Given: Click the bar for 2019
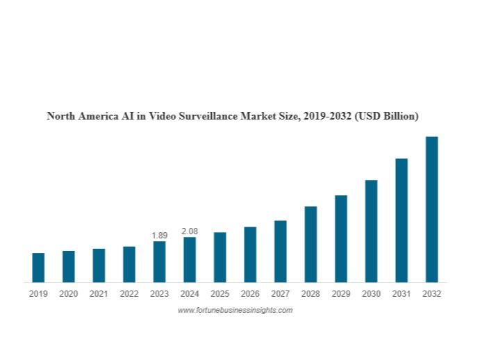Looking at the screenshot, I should coord(38,268).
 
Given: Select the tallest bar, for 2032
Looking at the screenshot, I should coord(431,209).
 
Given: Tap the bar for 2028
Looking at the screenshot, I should coord(311,244).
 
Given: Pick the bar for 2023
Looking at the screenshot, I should coord(159,261).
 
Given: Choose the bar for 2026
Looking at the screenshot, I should coord(250,254).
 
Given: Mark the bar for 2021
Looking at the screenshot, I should coord(99,265).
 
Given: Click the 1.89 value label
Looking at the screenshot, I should coord(159,236).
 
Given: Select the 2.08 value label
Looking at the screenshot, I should coord(190,231).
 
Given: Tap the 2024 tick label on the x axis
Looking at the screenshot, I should coord(190,294).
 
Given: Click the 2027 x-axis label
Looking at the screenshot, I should coord(281,294).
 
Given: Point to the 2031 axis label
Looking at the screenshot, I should coord(402,294).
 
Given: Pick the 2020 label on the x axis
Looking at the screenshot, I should coord(69,294).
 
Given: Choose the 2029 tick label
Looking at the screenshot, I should coord(341,294).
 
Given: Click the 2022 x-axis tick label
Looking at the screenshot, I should coord(129,294).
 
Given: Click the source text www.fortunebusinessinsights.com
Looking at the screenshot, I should coord(235,310).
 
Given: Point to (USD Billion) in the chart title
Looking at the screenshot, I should coord(386,116).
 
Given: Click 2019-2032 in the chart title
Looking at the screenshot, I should coord(328,116).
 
